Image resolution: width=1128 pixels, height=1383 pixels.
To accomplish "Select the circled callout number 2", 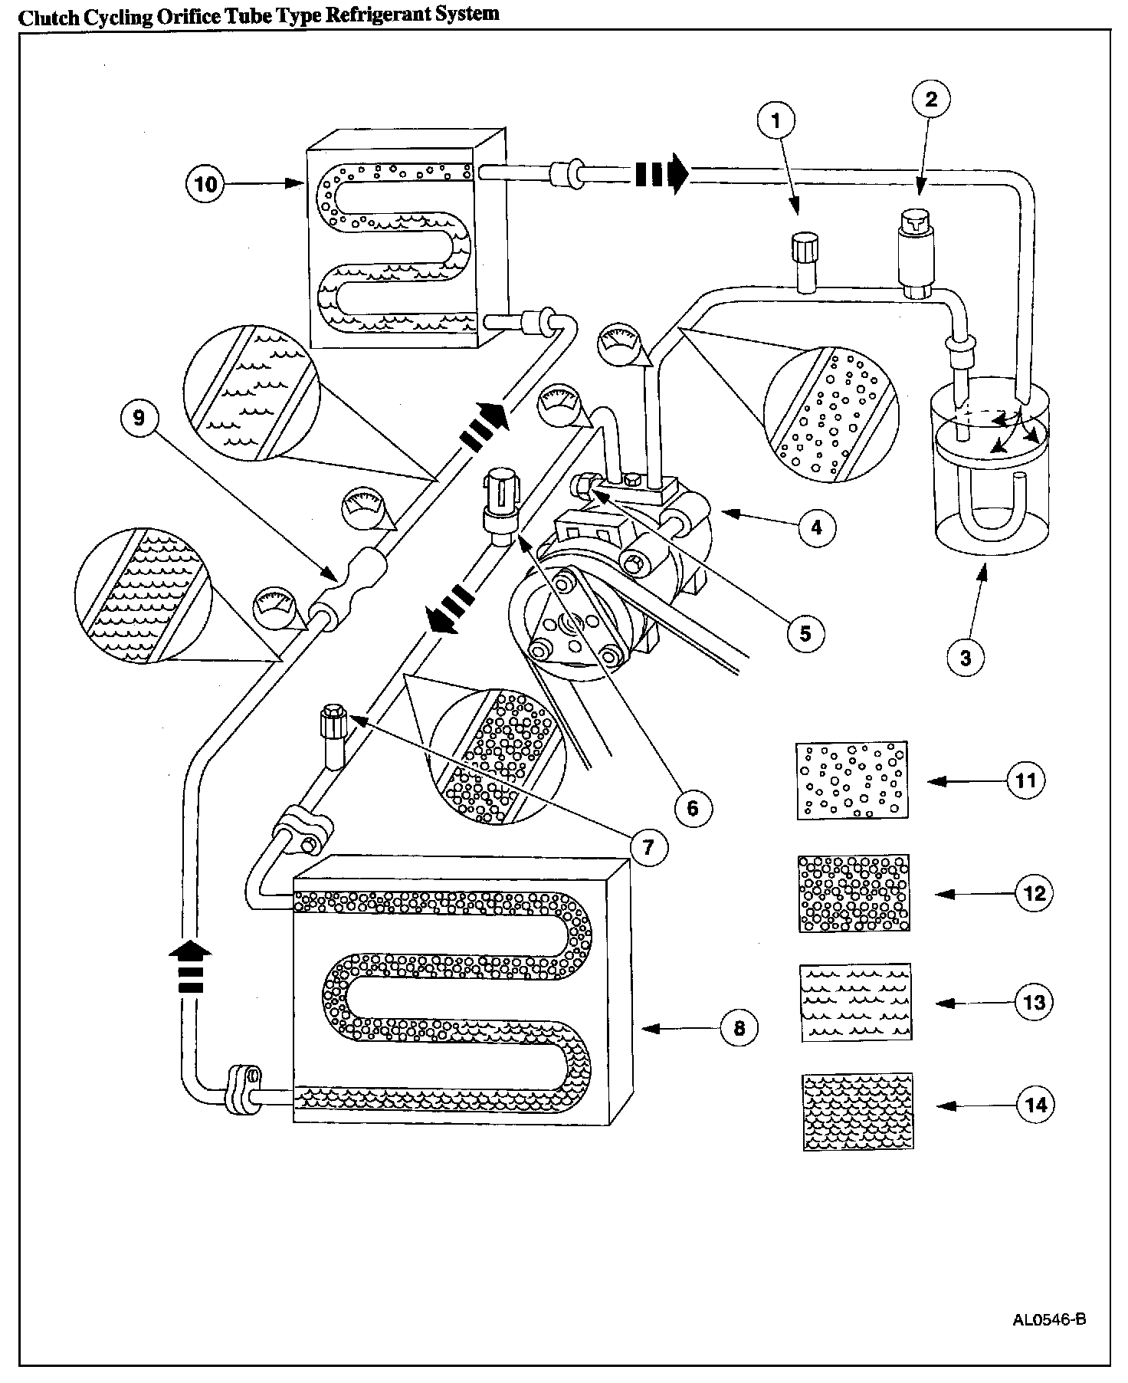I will [931, 99].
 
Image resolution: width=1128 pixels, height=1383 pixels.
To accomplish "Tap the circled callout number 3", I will [966, 657].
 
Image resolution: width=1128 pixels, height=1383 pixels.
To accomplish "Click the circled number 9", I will [139, 417].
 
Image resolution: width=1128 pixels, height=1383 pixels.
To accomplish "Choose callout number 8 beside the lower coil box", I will [739, 1027].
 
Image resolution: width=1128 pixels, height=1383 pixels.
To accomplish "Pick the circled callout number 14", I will [1035, 1105].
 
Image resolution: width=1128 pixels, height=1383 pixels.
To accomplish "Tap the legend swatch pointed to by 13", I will [856, 1002].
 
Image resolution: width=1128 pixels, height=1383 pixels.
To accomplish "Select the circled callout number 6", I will [693, 806].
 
